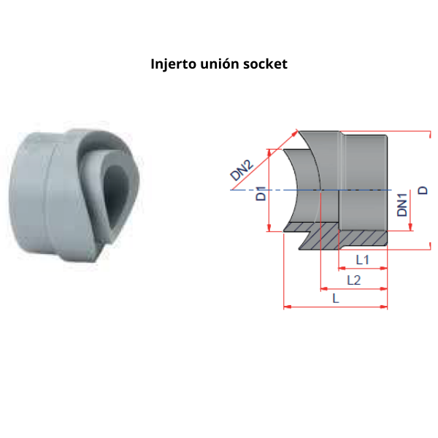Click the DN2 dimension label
click(242, 171)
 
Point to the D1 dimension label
click(261, 195)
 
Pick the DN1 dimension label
click(402, 205)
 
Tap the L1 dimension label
click(362, 260)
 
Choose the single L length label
click(335, 298)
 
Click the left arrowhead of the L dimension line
click(285, 307)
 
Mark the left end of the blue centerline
click(231, 190)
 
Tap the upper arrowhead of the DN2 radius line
click(298, 132)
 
